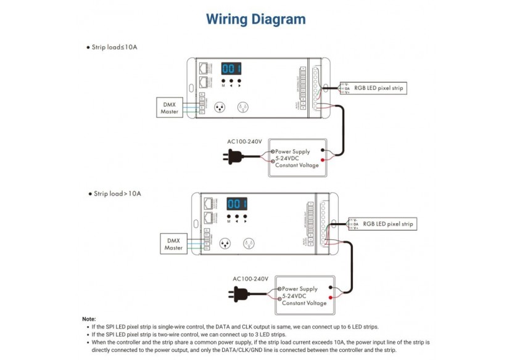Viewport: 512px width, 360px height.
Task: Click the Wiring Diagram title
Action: [255, 19]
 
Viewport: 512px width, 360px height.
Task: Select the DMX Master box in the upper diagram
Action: [170, 108]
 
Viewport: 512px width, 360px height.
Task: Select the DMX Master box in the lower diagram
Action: [173, 244]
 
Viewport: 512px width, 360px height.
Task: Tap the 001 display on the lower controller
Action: [237, 204]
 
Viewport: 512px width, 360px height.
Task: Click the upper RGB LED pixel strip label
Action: [379, 88]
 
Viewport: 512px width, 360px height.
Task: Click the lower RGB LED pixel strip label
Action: [387, 223]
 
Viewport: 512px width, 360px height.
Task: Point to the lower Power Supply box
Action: [305, 296]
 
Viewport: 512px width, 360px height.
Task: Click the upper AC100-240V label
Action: [244, 142]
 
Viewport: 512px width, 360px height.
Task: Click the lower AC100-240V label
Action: [250, 279]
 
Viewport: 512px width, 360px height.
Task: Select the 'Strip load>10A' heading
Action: [117, 194]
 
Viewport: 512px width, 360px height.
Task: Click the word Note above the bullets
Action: [89, 319]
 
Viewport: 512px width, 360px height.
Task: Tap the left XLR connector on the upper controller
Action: [220, 107]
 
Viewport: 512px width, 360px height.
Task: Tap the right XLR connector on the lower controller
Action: [250, 243]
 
